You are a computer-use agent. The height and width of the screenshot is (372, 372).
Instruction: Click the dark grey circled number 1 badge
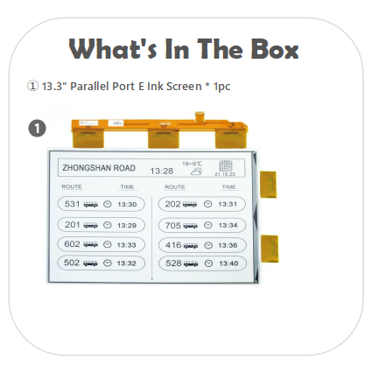point(37,129)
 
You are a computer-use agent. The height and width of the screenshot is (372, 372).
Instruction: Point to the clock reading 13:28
point(162,171)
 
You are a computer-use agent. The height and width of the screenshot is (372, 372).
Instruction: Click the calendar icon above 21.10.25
point(226,165)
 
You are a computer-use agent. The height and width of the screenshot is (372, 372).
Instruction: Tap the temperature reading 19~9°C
point(193,163)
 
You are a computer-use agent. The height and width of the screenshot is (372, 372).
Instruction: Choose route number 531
point(73,204)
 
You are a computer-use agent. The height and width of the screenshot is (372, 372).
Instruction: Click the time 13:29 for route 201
point(126,224)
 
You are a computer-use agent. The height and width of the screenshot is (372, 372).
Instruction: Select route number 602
point(73,244)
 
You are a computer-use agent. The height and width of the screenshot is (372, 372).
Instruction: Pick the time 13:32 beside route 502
point(126,263)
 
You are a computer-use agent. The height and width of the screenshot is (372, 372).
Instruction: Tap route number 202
point(173,204)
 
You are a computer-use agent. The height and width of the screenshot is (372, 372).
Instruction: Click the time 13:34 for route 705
point(228,224)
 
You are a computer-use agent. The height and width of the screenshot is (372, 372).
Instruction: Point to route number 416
point(173,244)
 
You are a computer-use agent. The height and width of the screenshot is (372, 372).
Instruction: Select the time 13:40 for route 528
point(228,263)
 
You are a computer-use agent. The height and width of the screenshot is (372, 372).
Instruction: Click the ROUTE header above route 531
point(72,187)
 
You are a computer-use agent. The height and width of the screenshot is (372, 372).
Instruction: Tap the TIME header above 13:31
point(228,187)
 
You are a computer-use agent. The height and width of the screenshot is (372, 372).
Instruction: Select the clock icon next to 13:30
point(108,204)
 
